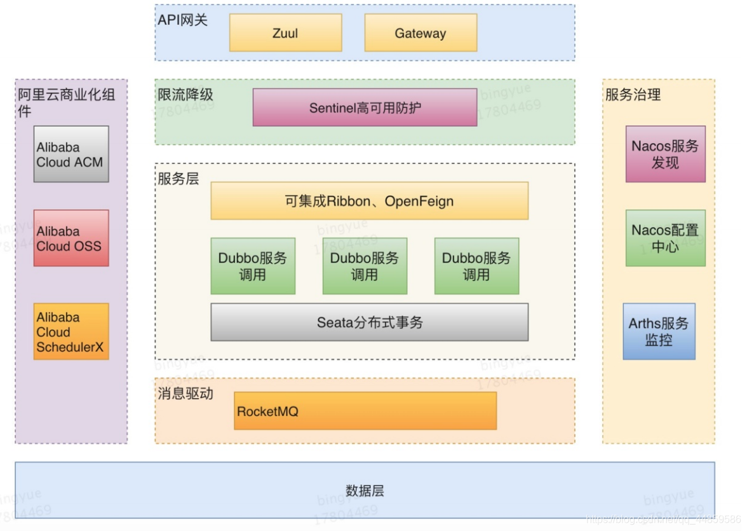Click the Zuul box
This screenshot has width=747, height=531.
point(285,33)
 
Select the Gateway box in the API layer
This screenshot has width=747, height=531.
point(421,33)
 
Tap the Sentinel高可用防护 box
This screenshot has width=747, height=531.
point(365,107)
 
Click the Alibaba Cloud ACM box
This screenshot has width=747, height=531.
point(71,154)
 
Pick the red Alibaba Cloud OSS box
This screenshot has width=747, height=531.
point(71,238)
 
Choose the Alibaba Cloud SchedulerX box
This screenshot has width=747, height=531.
point(71,331)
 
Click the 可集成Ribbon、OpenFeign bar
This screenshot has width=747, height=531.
point(369,201)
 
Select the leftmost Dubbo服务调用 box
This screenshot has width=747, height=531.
point(253,266)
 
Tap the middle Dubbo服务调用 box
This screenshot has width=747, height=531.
point(365,266)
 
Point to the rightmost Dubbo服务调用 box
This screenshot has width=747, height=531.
point(476,266)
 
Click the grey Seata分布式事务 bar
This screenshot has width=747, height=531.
point(369,322)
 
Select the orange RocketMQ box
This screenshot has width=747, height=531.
point(365,411)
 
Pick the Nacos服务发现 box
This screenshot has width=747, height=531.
point(665,154)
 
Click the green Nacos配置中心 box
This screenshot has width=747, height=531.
point(665,238)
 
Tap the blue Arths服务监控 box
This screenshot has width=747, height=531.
point(659,331)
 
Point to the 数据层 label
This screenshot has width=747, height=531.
point(365,490)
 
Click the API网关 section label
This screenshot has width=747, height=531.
point(183,20)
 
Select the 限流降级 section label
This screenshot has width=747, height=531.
point(185,95)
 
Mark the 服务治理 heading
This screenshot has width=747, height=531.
point(633,95)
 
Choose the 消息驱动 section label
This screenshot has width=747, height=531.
point(185,394)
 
